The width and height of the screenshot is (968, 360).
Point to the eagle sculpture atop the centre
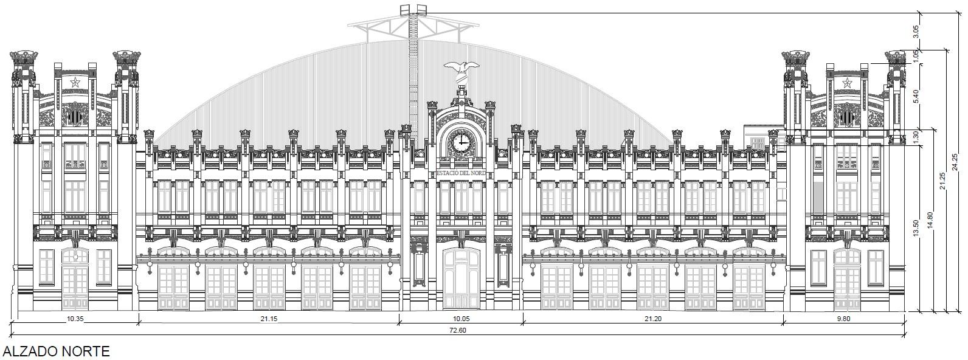pos(461,69)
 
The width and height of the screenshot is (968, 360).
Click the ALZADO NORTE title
pos(56,351)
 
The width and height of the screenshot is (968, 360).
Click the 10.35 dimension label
pos(75,318)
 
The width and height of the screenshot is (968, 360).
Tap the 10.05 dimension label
pos(460,318)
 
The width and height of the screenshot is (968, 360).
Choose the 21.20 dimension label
pos(652,318)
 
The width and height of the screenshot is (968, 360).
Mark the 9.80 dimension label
pos(844,318)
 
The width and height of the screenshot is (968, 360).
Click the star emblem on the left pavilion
pos(75,83)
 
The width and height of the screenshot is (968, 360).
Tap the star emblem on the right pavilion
pos(847,83)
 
